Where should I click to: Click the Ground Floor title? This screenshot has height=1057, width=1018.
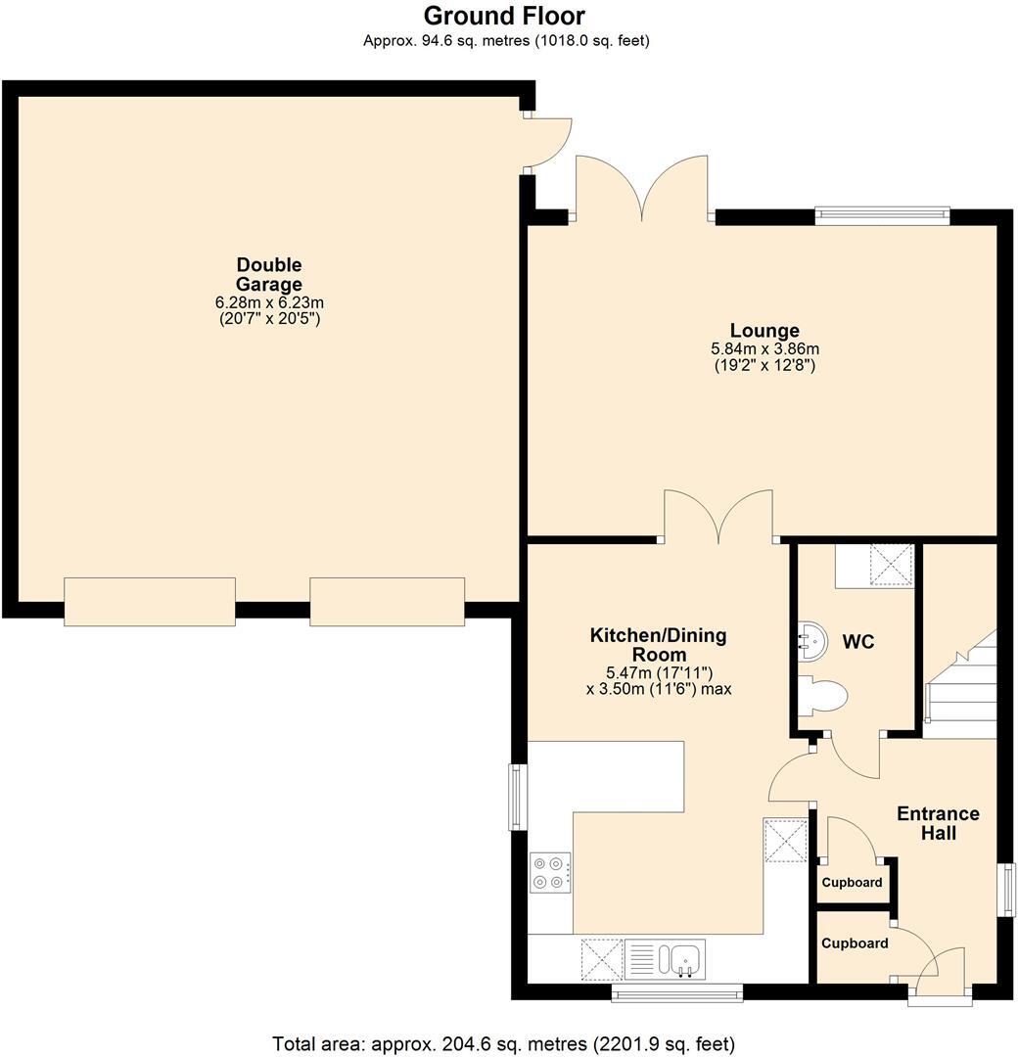pyautogui.click(x=504, y=16)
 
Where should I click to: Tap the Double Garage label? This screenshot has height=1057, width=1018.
pyautogui.click(x=269, y=274)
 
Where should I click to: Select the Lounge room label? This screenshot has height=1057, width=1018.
pyautogui.click(x=764, y=331)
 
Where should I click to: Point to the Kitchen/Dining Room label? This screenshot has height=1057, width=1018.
pyautogui.click(x=658, y=645)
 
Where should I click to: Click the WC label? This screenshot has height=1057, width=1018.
pyautogui.click(x=858, y=642)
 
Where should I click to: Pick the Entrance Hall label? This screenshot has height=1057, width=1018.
pyautogui.click(x=938, y=823)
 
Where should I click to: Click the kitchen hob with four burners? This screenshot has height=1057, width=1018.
pyautogui.click(x=550, y=872)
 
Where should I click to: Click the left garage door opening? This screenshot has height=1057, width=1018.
pyautogui.click(x=149, y=601)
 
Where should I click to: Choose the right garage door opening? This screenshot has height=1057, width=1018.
pyautogui.click(x=387, y=601)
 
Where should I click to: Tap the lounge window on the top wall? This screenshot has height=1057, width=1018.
pyautogui.click(x=882, y=214)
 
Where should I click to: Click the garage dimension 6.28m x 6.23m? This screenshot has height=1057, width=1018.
pyautogui.click(x=269, y=303)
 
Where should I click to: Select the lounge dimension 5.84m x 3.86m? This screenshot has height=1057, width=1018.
pyautogui.click(x=764, y=349)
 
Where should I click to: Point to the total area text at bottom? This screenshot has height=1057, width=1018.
pyautogui.click(x=504, y=1043)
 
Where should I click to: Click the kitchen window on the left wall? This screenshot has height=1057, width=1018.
pyautogui.click(x=518, y=797)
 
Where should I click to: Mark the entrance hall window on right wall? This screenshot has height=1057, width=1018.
pyautogui.click(x=1006, y=890)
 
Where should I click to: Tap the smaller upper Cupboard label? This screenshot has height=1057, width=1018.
pyautogui.click(x=852, y=883)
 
